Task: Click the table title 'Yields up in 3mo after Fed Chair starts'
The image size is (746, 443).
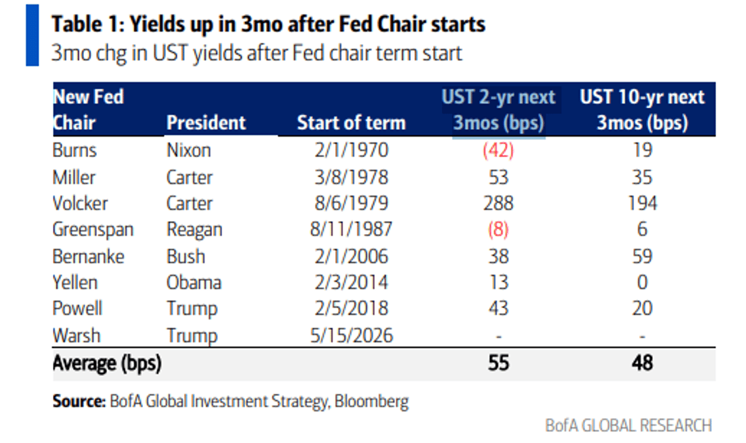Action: click(x=268, y=24)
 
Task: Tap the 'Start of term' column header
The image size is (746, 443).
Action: click(x=351, y=122)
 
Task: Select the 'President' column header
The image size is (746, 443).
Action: click(x=206, y=122)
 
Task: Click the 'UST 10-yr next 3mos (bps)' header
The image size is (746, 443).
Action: click(x=642, y=110)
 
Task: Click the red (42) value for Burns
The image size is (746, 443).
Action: click(x=499, y=150)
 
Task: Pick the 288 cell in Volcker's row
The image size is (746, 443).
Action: click(x=499, y=203)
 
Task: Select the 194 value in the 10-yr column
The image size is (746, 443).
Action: click(x=642, y=203)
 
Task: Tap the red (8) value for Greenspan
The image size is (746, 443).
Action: click(x=499, y=230)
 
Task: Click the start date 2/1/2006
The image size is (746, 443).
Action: click(x=351, y=256)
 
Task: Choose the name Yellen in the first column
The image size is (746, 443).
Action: click(x=75, y=283)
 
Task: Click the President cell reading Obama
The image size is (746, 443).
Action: click(x=193, y=283)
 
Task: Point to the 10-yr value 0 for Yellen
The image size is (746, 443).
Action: click(x=642, y=283)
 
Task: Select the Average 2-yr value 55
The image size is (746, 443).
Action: click(x=499, y=363)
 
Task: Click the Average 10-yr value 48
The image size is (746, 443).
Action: click(x=642, y=363)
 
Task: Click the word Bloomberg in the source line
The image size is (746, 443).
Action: click(x=372, y=401)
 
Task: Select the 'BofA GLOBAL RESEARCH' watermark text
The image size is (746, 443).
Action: click(x=628, y=426)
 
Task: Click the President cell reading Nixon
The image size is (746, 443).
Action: click(x=188, y=150)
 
